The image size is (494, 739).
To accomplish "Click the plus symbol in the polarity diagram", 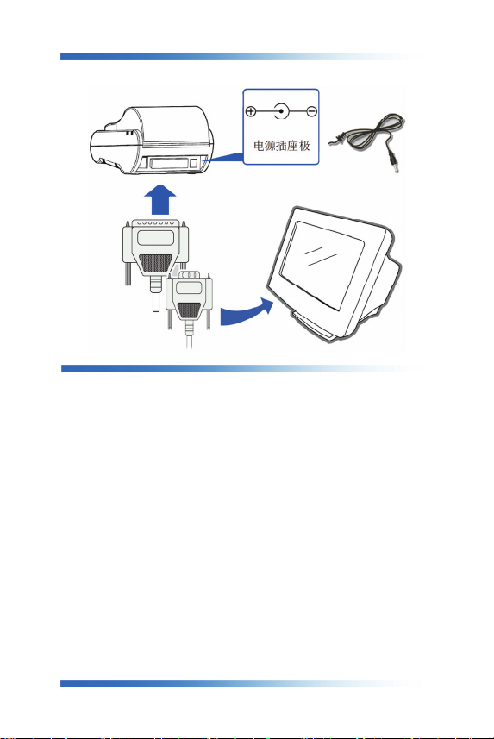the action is (251, 112).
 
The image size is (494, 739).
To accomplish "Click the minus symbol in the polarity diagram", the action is (311, 112).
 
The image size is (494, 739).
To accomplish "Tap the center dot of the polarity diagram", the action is (281, 112).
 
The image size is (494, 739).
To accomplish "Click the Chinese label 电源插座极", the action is (281, 146).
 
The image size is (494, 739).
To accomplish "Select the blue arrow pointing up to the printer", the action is (159, 200).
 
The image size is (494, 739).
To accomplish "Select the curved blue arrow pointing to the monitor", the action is (247, 313).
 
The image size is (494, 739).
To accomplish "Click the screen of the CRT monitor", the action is (322, 266).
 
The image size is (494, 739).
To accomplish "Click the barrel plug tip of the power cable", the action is (396, 166).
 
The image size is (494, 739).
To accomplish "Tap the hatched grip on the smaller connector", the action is (189, 310).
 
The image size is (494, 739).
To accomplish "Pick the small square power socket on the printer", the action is (194, 163).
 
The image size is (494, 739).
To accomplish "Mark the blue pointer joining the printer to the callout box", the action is (224, 158).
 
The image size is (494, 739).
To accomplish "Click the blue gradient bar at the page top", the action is (241, 57).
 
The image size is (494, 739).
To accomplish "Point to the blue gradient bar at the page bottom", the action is (241, 684).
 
